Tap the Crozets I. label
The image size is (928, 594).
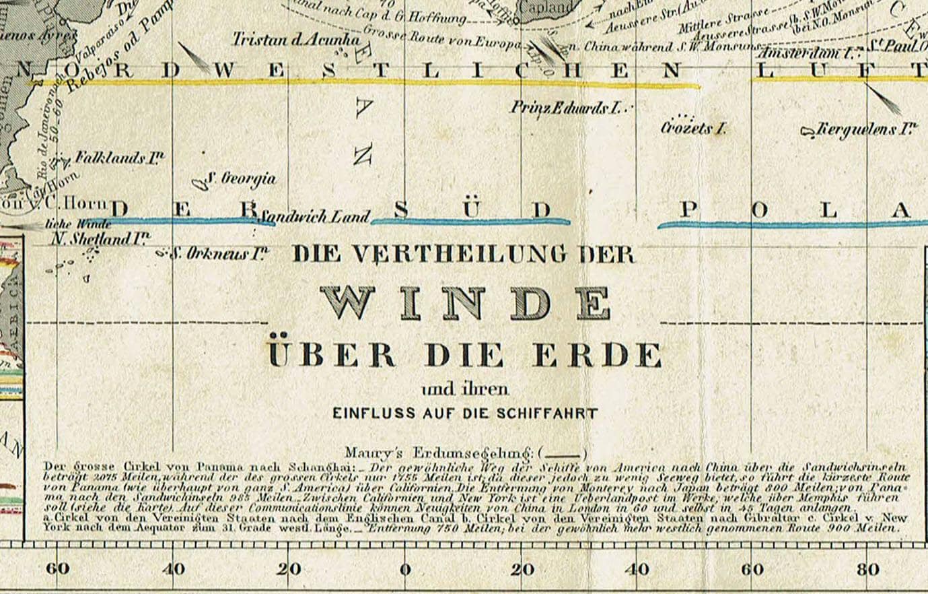692,128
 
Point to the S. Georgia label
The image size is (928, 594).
240,178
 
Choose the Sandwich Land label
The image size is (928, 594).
314,217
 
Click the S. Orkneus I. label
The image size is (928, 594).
218,255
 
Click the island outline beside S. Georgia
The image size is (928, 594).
199,183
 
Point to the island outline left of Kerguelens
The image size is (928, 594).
808,130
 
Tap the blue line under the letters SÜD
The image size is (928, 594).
471,221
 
